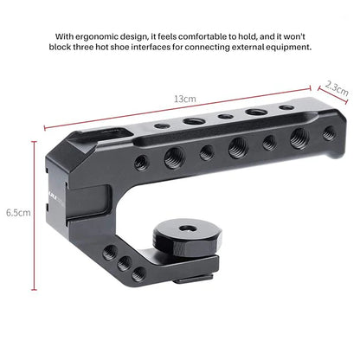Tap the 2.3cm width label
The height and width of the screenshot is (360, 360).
point(337,89)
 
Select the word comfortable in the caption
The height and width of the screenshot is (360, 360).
point(200,35)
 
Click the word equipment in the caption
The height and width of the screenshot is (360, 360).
point(286,48)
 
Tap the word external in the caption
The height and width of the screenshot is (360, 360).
point(239,48)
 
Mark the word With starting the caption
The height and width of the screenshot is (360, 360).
point(65,35)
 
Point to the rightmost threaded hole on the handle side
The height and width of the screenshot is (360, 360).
point(330,132)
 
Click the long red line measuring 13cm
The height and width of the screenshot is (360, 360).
point(173,108)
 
